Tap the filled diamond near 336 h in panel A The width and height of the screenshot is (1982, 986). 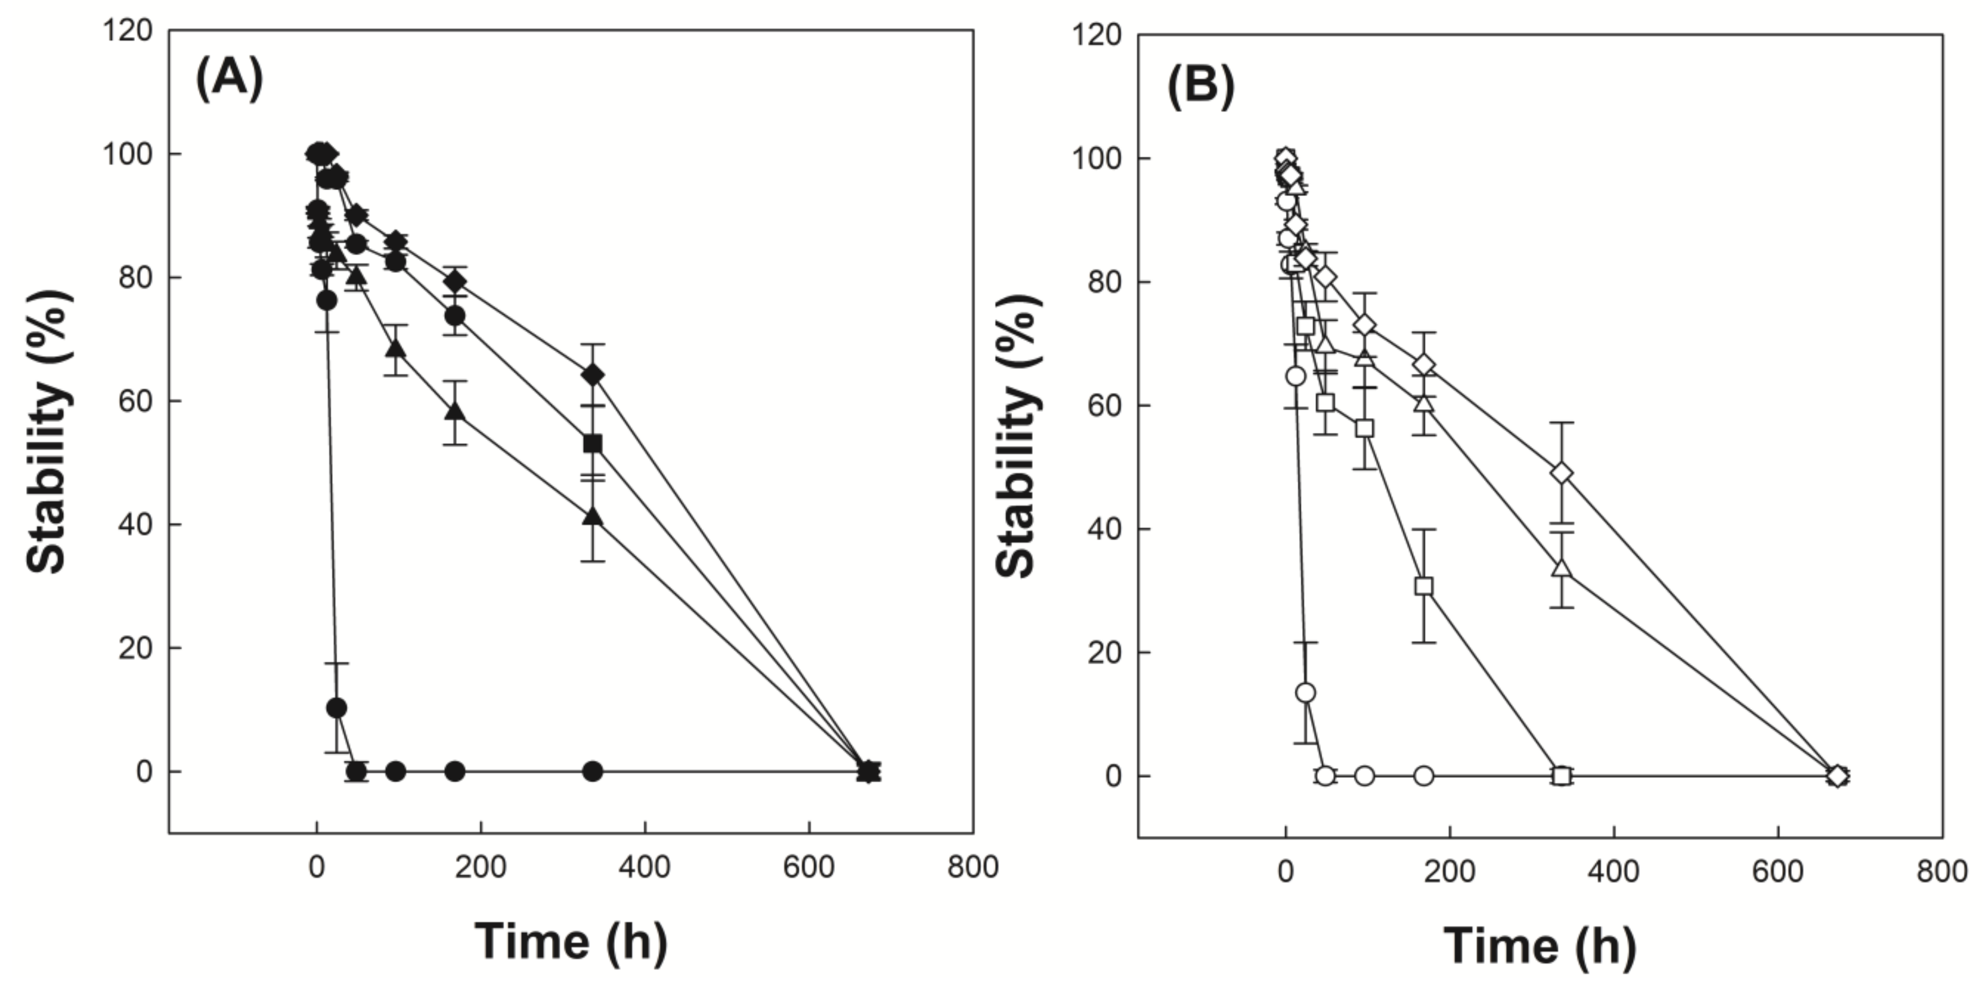(x=593, y=375)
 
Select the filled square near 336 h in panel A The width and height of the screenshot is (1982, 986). (x=593, y=444)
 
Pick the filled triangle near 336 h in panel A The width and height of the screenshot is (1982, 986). (x=593, y=516)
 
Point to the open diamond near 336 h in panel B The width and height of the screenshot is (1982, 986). (x=1562, y=473)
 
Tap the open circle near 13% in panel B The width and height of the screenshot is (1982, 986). (x=1305, y=693)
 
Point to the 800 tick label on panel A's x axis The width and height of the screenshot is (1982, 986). (x=973, y=867)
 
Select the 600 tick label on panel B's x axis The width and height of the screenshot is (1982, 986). (x=1778, y=871)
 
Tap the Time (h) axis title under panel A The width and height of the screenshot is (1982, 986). (x=570, y=940)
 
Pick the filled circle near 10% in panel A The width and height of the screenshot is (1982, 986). (x=336, y=708)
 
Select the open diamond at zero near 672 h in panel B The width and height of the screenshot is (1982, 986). (x=1837, y=776)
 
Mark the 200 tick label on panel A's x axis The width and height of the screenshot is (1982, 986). (x=480, y=867)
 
